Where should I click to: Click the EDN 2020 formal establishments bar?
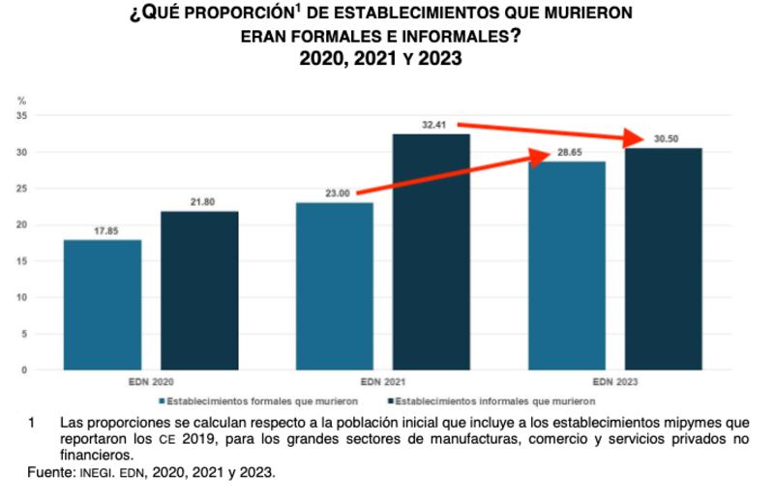102,305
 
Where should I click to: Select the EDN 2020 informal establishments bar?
199,290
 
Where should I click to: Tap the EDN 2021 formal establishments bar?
334,286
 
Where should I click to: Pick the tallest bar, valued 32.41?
432,251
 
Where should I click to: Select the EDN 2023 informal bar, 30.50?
664,258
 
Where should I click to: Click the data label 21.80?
199,202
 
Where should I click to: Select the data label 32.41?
432,125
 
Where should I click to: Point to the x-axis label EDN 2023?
615,380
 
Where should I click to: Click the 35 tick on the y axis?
21,116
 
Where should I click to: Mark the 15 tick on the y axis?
21,261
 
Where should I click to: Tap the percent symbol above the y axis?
21,101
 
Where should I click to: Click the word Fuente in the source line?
49,473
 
